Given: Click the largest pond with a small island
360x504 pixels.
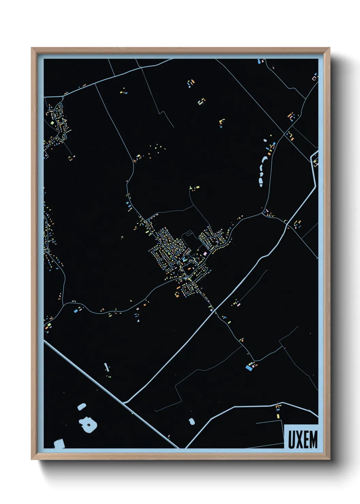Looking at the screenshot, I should point(88,424).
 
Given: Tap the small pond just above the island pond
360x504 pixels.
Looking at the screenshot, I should point(82,406).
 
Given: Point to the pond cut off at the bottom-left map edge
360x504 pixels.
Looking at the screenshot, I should point(59,444).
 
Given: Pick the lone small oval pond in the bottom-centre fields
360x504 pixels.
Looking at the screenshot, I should point(192,422).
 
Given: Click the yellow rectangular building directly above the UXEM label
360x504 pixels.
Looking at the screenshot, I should point(278,415).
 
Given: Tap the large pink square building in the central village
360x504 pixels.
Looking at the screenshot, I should point(205,254).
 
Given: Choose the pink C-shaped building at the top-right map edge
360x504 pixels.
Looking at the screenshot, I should point(315,78).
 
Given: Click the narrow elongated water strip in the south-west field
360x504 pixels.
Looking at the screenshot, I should point(107,367).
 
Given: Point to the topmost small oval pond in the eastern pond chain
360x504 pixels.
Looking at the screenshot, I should point(265,140).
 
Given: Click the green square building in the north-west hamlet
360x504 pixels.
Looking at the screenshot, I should point(53,122).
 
